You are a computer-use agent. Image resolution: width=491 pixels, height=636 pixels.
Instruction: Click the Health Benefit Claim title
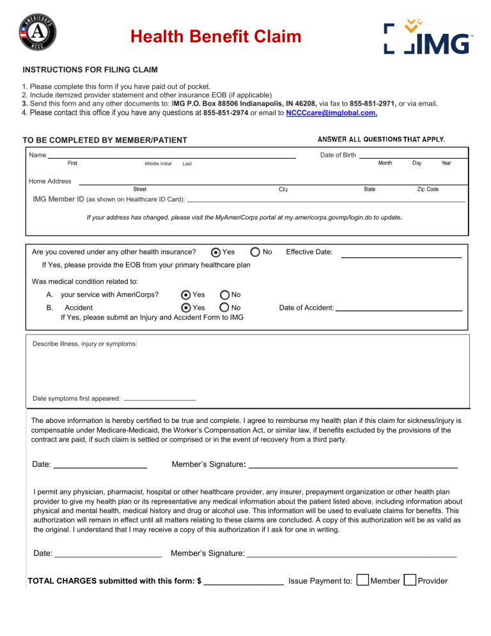click(215, 37)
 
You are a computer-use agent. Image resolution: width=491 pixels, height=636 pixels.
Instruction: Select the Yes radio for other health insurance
click(216, 252)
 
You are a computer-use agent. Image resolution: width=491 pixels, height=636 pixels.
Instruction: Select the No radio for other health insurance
click(255, 252)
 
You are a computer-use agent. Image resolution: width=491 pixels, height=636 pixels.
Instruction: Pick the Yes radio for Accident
click(186, 308)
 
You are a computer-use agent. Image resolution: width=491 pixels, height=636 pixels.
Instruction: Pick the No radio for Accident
click(225, 308)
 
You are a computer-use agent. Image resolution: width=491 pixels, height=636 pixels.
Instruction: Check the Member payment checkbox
click(362, 580)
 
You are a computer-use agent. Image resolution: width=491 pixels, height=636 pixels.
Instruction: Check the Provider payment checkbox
click(410, 580)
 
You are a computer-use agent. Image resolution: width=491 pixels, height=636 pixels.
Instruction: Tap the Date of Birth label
click(338, 155)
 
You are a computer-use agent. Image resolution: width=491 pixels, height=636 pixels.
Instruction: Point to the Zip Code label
click(428, 189)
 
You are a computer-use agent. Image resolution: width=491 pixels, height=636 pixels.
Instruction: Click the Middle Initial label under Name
click(158, 164)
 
